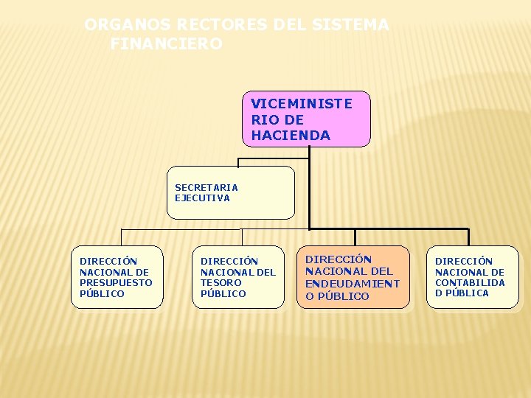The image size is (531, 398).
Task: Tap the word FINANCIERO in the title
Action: click(166, 44)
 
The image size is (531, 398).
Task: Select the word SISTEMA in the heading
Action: click(350, 25)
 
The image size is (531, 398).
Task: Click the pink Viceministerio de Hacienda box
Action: click(306, 119)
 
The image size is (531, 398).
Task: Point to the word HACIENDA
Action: click(291, 136)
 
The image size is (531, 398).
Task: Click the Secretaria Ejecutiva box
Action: click(230, 192)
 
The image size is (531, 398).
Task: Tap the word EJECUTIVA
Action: click(202, 198)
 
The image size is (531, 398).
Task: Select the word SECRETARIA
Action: click(206, 187)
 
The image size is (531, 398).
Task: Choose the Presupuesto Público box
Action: click(117, 277)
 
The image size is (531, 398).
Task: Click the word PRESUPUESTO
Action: click(116, 282)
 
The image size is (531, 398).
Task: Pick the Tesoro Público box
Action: click(237, 277)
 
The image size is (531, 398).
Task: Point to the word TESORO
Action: click(221, 282)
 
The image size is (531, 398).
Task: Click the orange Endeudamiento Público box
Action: click(353, 277)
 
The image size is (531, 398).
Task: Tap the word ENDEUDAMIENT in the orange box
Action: click(353, 283)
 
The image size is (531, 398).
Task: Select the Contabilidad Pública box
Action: click(472, 277)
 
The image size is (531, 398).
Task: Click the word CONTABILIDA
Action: click(470, 282)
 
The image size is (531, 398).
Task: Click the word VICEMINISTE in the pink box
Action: click(302, 104)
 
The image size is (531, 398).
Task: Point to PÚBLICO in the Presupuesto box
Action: click(102, 293)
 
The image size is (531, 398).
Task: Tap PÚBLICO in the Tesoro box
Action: click(223, 293)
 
